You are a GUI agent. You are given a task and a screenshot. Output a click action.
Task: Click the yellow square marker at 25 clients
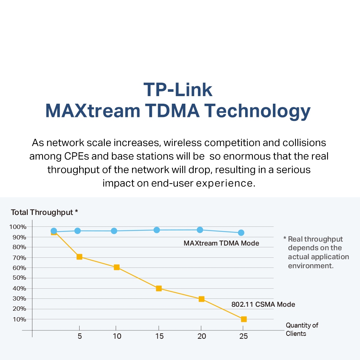tap(244, 319)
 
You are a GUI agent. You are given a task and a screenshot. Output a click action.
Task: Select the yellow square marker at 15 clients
tap(159, 288)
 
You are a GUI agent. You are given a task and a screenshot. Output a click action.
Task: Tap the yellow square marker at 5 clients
tap(80, 257)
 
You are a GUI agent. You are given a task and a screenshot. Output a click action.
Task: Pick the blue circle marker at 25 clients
tap(241, 233)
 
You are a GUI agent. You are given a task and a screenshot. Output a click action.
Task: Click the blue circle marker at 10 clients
tap(114, 231)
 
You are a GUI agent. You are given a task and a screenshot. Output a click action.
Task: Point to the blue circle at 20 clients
tap(200, 230)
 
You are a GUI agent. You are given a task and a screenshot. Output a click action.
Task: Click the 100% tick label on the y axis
tap(18, 227)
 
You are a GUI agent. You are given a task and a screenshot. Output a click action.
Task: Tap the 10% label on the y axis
tap(19, 319)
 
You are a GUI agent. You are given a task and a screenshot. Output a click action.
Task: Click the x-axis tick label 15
tap(159, 336)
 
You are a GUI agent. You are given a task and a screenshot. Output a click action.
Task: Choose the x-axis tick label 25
tap(243, 336)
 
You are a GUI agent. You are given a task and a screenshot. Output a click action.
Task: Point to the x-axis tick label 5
tap(80, 336)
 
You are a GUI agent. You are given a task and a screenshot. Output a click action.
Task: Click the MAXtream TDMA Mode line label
tap(221, 243)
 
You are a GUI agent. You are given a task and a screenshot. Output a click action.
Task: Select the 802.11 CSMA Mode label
tap(263, 305)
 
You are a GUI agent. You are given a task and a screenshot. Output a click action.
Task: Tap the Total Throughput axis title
tap(44, 212)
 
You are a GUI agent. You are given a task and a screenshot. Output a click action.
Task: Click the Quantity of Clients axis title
tap(302, 329)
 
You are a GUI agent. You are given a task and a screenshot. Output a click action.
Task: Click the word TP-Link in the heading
tap(178, 90)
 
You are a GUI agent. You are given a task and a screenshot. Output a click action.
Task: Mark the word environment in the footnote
tap(311, 266)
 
